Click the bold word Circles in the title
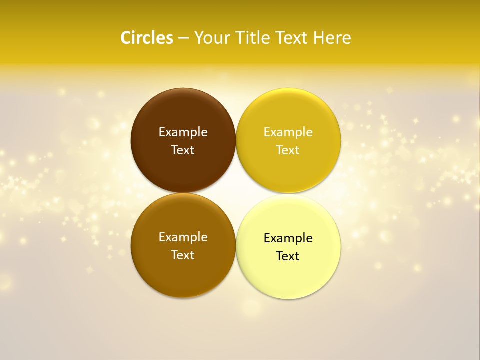pos(147,38)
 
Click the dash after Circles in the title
pos(183,38)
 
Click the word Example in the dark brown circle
pos(183,132)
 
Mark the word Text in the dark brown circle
pos(183,150)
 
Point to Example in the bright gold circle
pos(288,132)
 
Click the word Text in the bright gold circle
pos(288,150)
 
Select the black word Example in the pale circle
pos(288,238)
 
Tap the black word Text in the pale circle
pos(288,256)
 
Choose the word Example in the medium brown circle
pos(183,237)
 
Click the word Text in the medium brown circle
pos(183,255)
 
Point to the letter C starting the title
pos(126,38)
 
